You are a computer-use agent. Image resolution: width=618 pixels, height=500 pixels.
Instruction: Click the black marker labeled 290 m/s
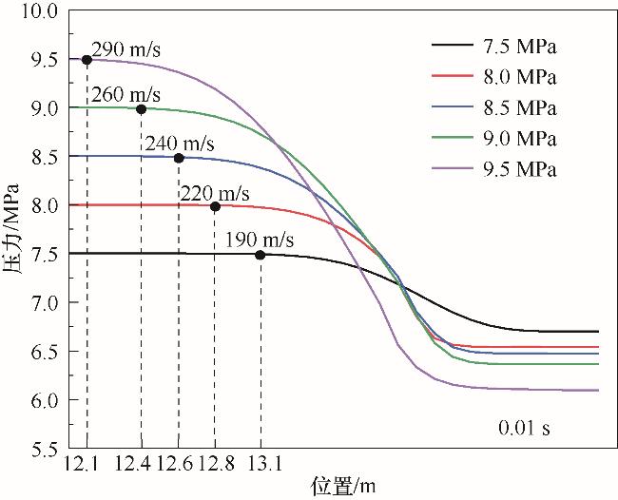tap(87, 60)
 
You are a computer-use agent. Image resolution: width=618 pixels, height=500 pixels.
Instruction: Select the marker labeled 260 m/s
tap(141, 108)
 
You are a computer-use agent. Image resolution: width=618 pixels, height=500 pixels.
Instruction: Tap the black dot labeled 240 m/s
tap(179, 158)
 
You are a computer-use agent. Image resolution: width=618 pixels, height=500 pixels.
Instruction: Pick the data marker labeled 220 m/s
tap(215, 206)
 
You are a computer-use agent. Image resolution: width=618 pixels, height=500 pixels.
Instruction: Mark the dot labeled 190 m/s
tap(261, 255)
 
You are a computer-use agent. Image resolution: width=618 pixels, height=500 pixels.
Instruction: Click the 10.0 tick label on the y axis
tap(39, 11)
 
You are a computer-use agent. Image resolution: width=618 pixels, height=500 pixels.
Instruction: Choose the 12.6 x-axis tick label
tap(174, 463)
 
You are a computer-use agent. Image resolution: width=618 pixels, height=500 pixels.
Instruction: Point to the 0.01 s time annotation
tap(524, 428)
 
